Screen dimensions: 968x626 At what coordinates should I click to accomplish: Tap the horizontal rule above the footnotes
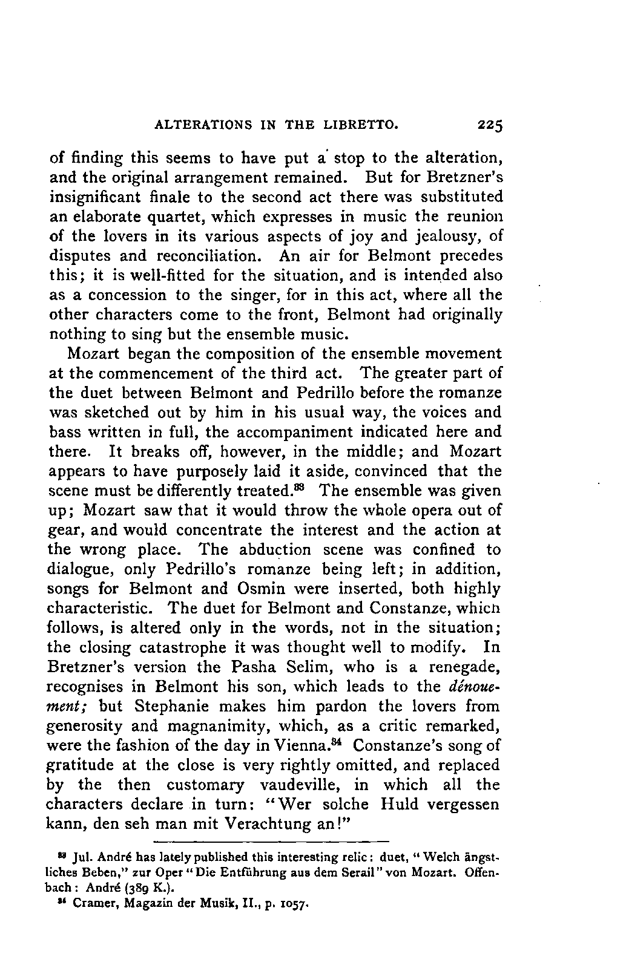coord(271,841)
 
